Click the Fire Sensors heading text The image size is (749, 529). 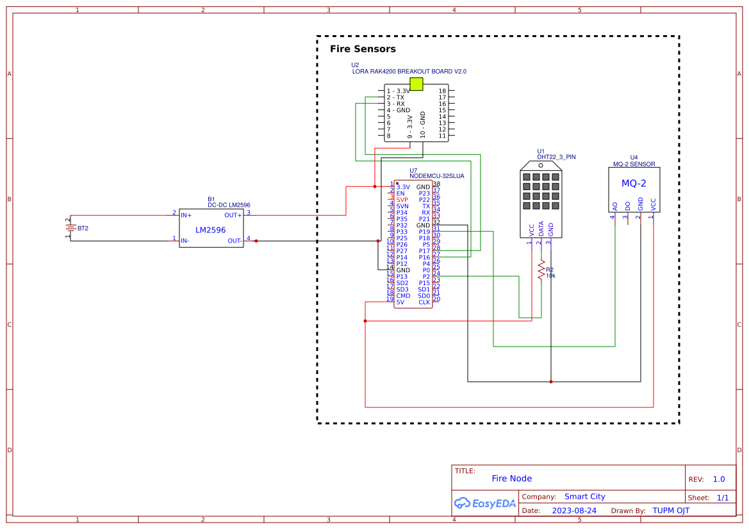point(363,49)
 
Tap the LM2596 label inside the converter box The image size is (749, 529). point(210,229)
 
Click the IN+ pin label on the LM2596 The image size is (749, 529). point(186,215)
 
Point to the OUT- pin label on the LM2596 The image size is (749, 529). point(235,241)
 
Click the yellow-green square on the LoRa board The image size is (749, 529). point(416,84)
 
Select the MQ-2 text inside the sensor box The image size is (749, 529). point(634,184)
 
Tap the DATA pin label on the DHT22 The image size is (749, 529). point(541,229)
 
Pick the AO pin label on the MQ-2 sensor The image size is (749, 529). point(615,206)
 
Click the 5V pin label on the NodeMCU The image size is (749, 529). point(400,302)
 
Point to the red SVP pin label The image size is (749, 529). point(402,200)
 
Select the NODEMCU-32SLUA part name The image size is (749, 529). point(436,175)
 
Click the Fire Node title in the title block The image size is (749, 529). point(511,478)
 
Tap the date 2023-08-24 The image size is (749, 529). point(573,510)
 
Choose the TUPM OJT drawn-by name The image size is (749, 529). point(671,510)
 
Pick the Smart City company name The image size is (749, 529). point(584,496)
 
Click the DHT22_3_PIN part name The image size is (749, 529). point(556,156)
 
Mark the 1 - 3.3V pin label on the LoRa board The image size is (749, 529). point(398,91)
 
